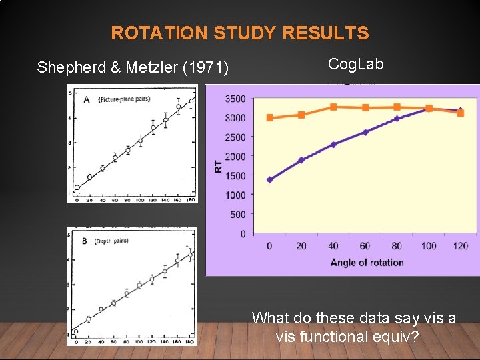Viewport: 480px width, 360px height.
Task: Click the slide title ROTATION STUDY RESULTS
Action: click(x=239, y=33)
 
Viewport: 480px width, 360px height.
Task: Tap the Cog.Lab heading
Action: click(x=356, y=64)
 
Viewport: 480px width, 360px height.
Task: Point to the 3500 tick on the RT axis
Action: click(x=234, y=99)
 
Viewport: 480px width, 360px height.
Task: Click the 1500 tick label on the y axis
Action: click(x=234, y=176)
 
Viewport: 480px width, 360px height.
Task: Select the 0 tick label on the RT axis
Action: click(x=242, y=234)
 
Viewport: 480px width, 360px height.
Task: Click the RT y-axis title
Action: click(x=219, y=166)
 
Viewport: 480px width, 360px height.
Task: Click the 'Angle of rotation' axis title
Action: click(x=367, y=262)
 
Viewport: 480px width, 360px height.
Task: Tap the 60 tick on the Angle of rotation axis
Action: click(x=365, y=246)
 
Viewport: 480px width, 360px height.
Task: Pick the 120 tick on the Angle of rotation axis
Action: click(x=460, y=246)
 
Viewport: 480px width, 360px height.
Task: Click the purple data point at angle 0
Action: click(x=269, y=179)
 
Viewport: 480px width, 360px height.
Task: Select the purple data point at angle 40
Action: click(x=333, y=144)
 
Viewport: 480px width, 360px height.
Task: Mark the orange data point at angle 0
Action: click(x=269, y=118)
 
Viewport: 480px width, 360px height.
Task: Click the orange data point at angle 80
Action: click(x=397, y=107)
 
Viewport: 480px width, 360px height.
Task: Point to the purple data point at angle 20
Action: click(x=301, y=160)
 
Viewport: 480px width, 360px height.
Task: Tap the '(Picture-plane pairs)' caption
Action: click(x=123, y=99)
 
